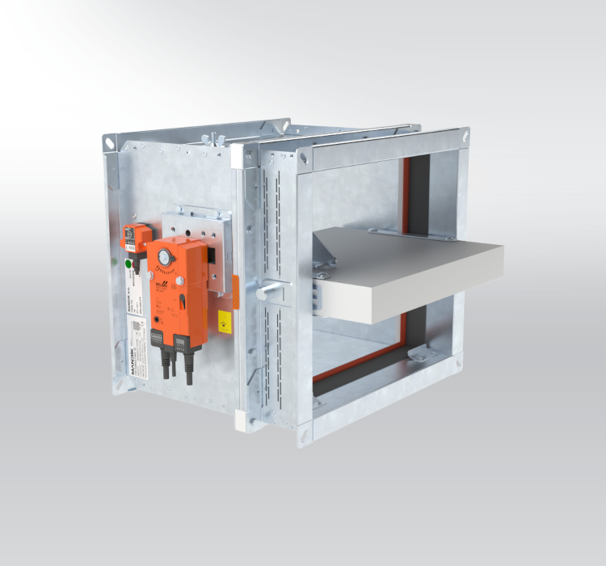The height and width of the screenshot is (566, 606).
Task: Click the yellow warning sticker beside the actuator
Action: tap(224, 321)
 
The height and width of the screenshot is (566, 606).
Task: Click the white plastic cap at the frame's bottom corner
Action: tap(242, 420)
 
